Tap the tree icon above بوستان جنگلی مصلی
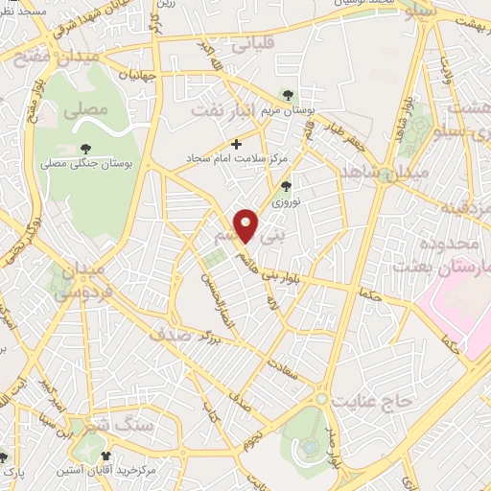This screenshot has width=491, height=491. [x=86, y=148]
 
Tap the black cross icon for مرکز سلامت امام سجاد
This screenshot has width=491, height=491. [x=237, y=145]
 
